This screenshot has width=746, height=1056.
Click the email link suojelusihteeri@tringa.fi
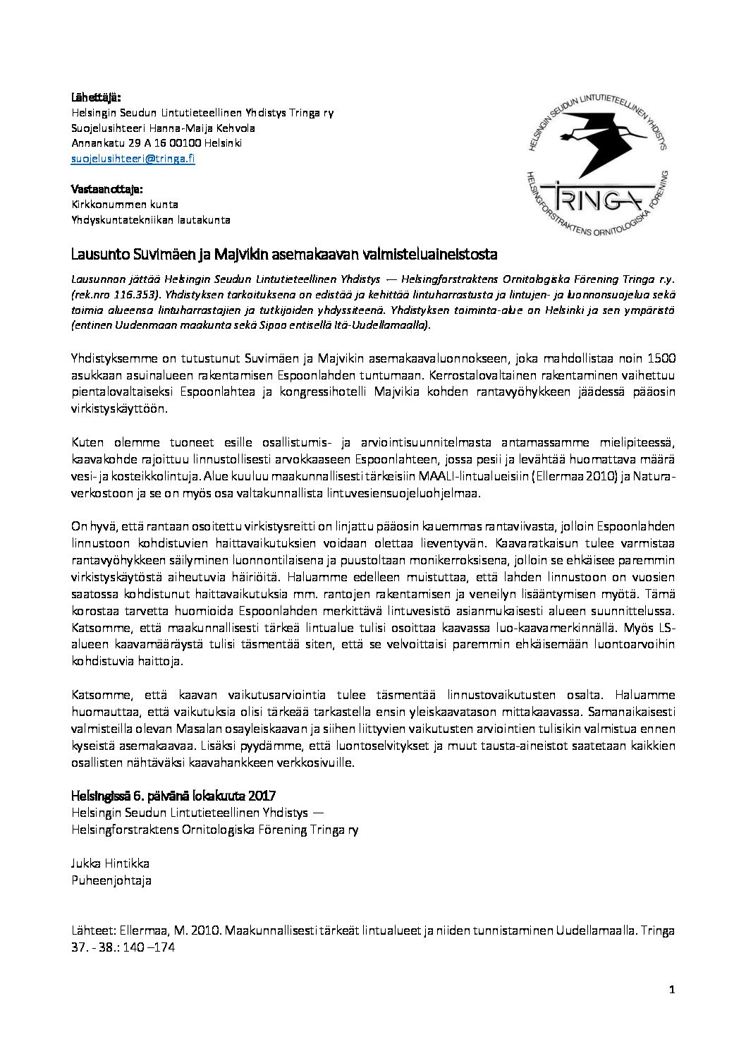133,159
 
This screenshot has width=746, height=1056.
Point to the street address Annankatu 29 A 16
116,143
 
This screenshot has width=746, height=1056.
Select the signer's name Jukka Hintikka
111,864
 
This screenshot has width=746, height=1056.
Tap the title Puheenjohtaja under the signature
111,880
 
